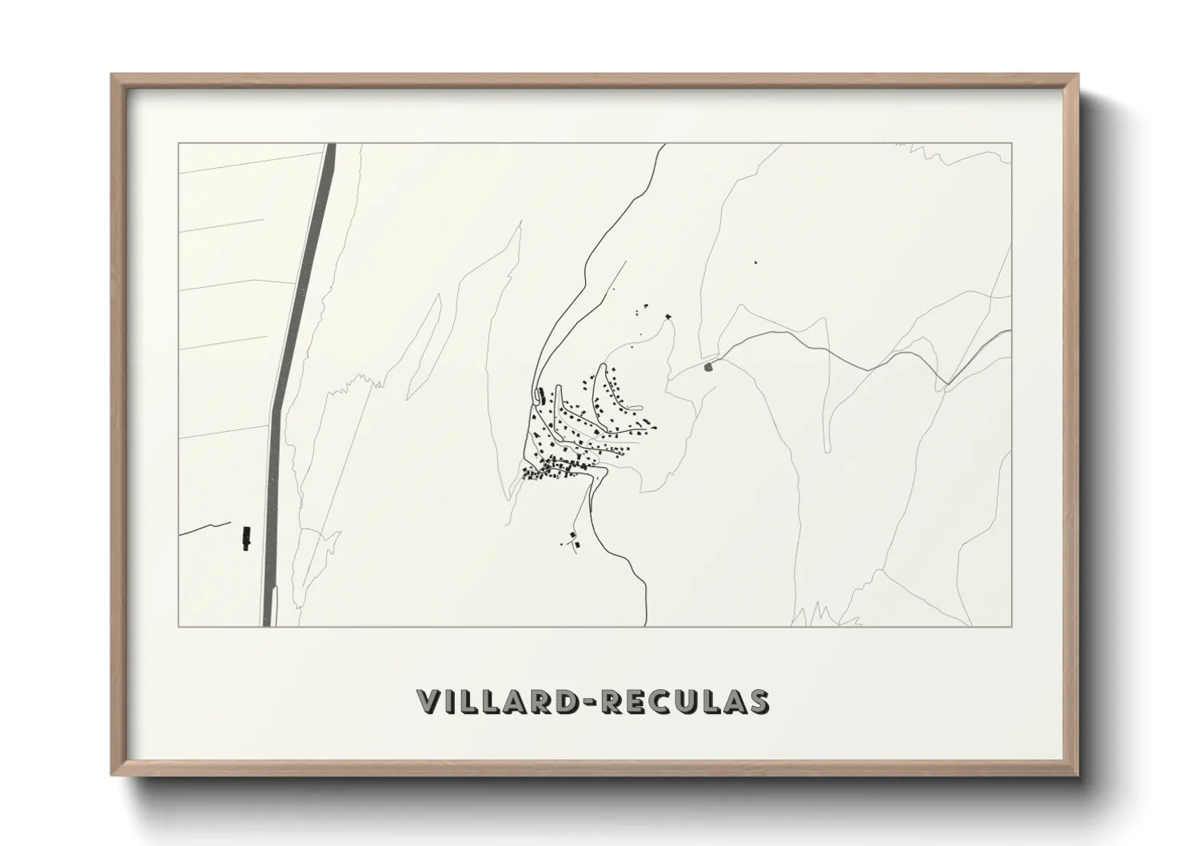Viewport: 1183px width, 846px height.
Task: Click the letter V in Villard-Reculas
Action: point(428,700)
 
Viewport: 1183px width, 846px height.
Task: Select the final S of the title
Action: point(758,700)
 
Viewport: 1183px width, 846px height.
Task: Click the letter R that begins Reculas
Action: point(611,700)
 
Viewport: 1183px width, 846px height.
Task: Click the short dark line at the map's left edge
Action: point(196,529)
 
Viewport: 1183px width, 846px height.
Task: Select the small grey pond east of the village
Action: point(707,367)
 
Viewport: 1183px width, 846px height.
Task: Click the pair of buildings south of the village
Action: point(572,540)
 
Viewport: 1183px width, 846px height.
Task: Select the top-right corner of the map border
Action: point(1012,143)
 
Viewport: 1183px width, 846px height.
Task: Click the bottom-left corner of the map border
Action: point(178,626)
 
